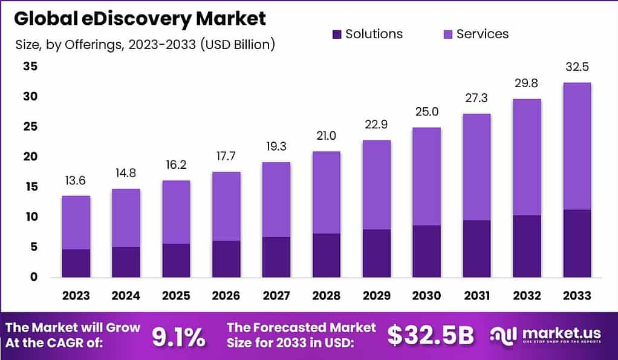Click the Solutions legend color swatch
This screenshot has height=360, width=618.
point(337,34)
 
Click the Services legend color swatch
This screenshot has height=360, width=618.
point(447,34)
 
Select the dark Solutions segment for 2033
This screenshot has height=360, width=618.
point(576,243)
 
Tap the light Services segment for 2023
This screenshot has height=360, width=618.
point(76,223)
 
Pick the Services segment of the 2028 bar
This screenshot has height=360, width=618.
point(326,192)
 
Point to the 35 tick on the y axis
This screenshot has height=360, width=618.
point(30,67)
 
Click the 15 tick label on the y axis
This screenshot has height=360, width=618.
point(30,187)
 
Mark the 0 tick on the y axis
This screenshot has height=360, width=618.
point(34,277)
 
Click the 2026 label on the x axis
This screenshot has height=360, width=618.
point(226,296)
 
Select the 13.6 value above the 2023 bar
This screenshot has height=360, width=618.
point(76,182)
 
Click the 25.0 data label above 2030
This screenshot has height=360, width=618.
point(426,113)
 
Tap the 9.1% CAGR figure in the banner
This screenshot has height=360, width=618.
point(178,338)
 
